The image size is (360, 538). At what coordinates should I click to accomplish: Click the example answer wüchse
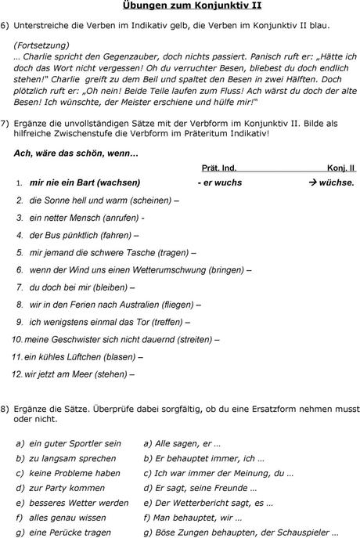coord(337,183)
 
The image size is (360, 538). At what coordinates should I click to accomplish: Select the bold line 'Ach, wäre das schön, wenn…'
coord(77,153)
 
